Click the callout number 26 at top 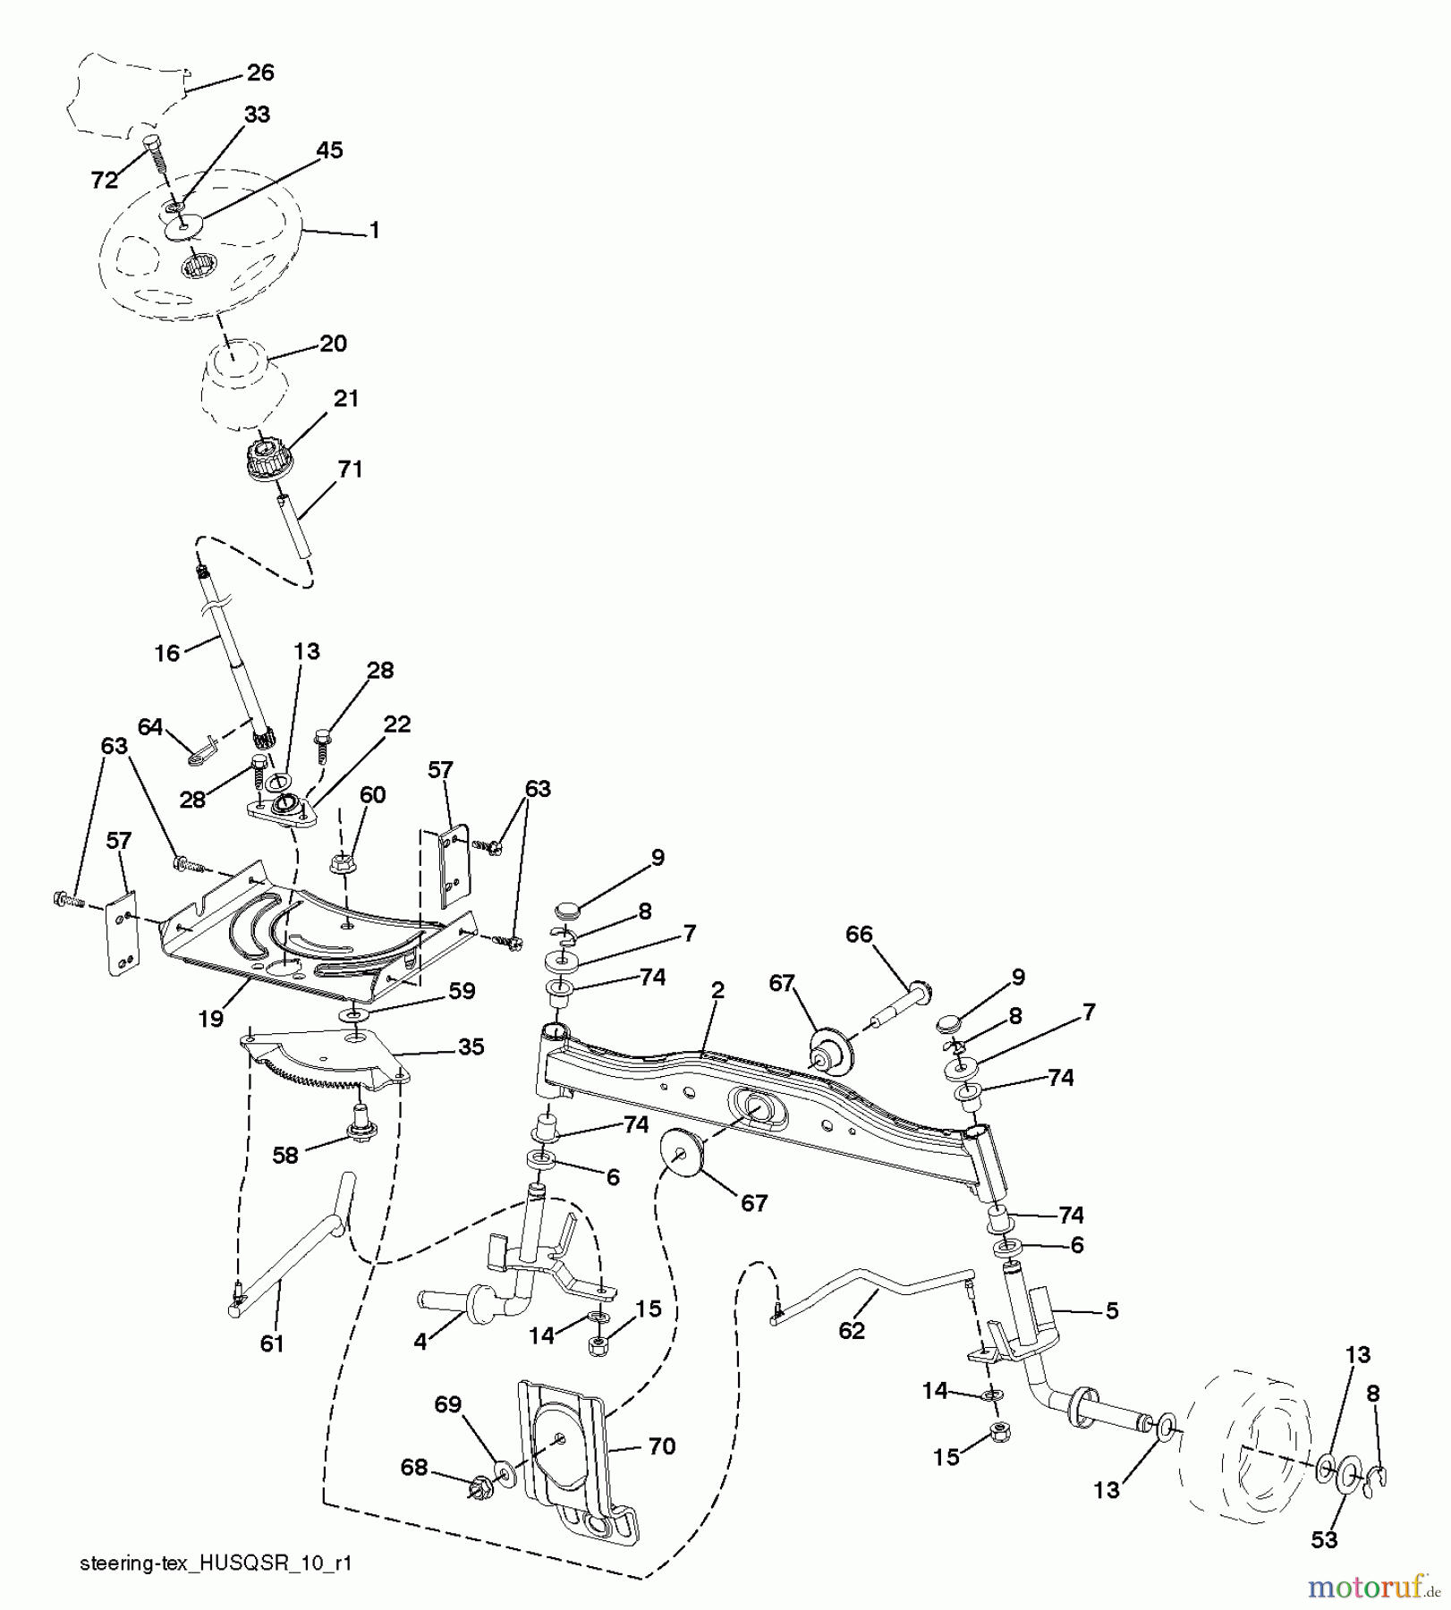pyautogui.click(x=259, y=72)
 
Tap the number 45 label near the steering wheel pyautogui.click(x=329, y=150)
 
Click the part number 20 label pyautogui.click(x=333, y=343)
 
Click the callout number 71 pyautogui.click(x=350, y=469)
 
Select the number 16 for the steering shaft pyautogui.click(x=167, y=654)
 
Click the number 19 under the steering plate pyautogui.click(x=211, y=1019)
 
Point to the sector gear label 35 pyautogui.click(x=471, y=1046)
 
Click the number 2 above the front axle pyautogui.click(x=717, y=991)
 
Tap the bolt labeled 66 pyautogui.click(x=917, y=989)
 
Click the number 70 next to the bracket pyautogui.click(x=661, y=1446)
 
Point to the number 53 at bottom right pyautogui.click(x=1324, y=1539)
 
